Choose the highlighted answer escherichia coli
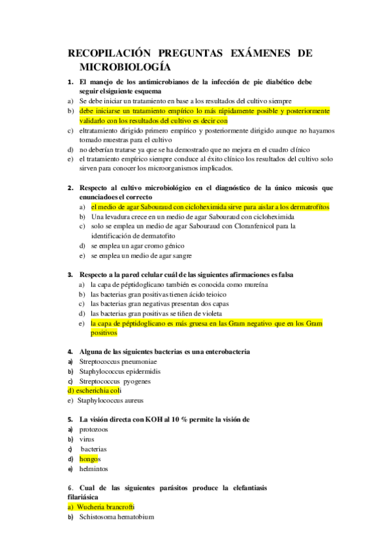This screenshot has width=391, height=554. [94, 391]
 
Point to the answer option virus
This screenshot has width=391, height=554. [86, 440]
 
